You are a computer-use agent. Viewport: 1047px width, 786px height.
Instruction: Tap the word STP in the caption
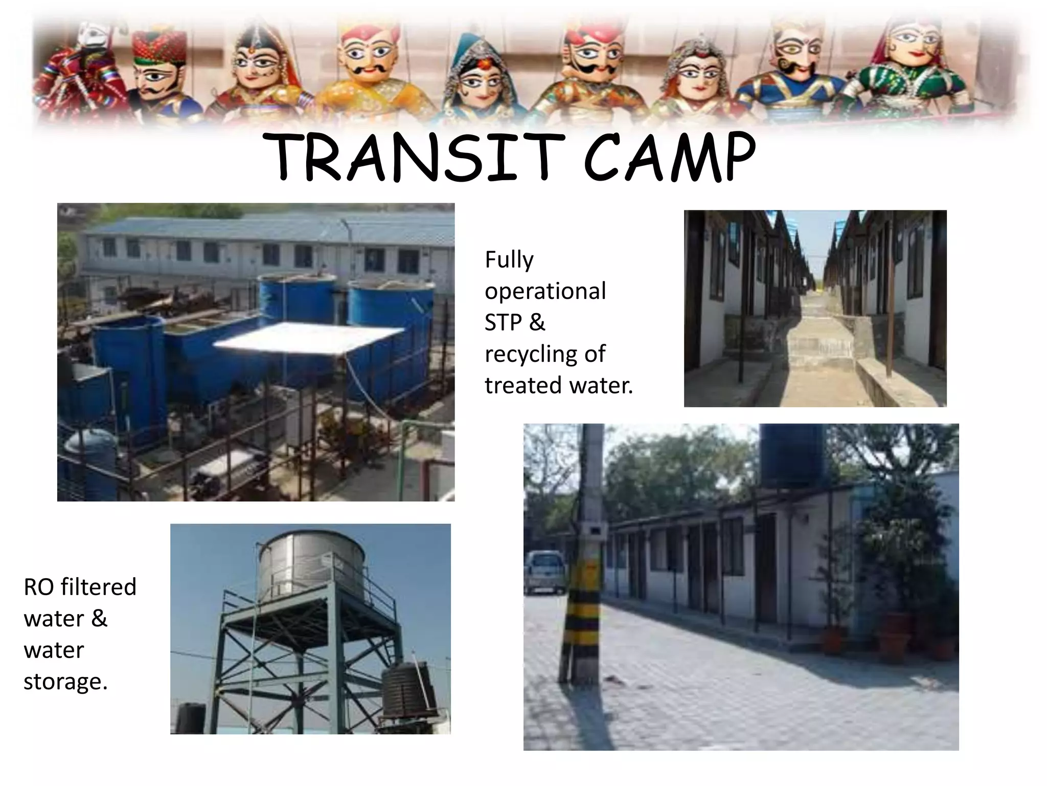pos(503,322)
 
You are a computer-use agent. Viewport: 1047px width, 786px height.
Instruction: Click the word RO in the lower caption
pos(38,587)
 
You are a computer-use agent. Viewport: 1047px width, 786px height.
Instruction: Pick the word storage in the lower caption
pos(64,682)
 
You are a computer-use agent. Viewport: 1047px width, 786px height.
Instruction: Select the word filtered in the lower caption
pos(99,587)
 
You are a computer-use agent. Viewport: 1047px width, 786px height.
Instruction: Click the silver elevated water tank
pos(310,566)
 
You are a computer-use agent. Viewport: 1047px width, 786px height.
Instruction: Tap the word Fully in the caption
pos(509,260)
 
